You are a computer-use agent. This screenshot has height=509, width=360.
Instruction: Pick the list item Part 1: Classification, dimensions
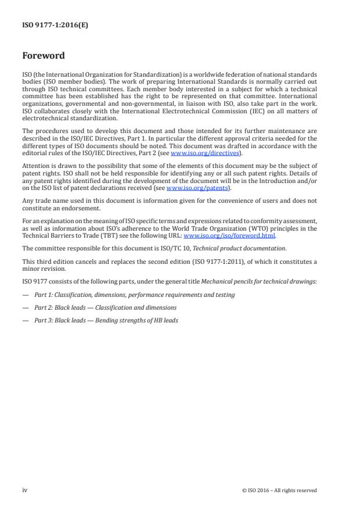point(134,295)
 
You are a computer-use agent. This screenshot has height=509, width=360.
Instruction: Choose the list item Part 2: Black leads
point(105,307)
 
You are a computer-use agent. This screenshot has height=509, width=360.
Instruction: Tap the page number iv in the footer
point(24,490)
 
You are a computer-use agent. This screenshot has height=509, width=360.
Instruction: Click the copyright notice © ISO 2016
point(279,490)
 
